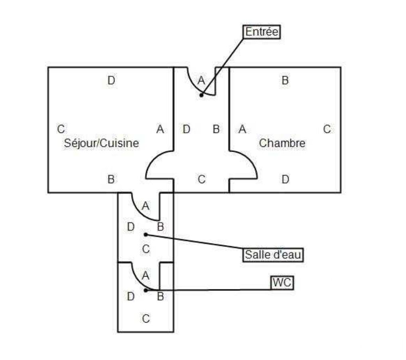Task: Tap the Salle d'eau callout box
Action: click(x=273, y=255)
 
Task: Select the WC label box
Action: click(x=282, y=283)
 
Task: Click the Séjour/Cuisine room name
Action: click(x=101, y=143)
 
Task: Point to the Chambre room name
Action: click(x=282, y=143)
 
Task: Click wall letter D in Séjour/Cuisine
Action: click(x=111, y=81)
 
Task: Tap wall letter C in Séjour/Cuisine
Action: click(x=61, y=129)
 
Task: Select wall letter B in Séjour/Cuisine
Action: click(x=111, y=180)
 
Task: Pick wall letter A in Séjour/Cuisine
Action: click(x=160, y=129)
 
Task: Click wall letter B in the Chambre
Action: click(x=285, y=81)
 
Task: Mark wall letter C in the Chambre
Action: click(x=327, y=129)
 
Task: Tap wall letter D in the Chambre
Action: click(x=285, y=180)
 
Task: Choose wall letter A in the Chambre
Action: click(x=242, y=129)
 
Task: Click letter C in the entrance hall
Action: click(x=201, y=180)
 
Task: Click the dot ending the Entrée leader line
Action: click(x=201, y=95)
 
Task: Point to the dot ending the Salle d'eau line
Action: click(x=146, y=234)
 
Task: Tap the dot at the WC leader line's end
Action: click(x=146, y=290)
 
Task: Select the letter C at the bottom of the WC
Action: click(x=146, y=318)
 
